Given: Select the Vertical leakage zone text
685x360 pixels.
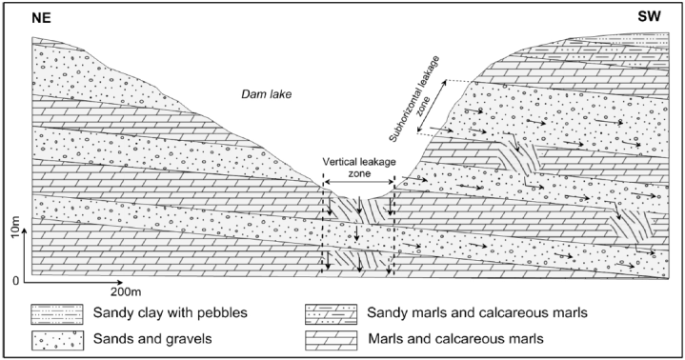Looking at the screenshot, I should click(x=357, y=162).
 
